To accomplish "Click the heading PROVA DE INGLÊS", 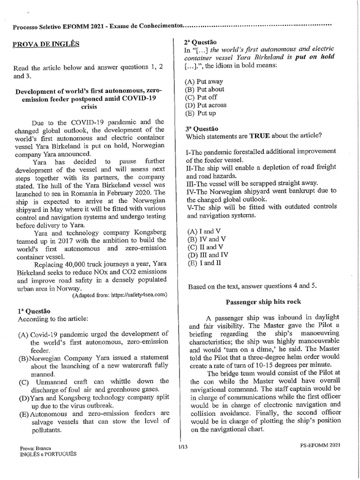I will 46,44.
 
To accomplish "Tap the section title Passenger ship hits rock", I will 263,301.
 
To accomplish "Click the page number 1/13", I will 182,447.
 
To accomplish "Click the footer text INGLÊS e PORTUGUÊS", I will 47,454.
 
